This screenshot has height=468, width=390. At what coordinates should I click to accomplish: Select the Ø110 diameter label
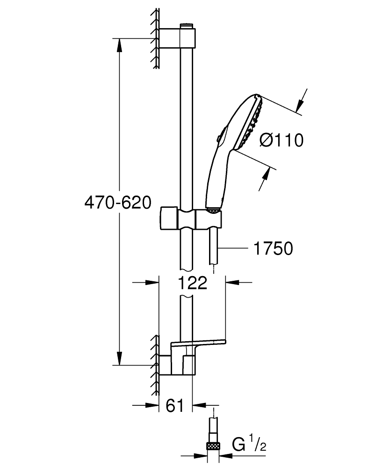[x=281, y=140]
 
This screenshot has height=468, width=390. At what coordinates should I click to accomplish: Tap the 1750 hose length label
[x=273, y=249]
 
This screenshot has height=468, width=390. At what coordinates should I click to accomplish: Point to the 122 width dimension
[x=192, y=283]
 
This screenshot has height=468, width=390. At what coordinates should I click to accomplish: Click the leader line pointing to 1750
[x=233, y=248]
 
